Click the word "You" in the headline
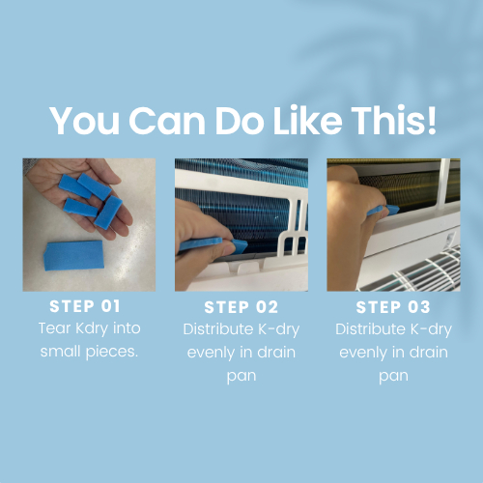coord(85,121)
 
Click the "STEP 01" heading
coord(85,306)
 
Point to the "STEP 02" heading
coord(241,307)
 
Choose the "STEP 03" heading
coord(393,307)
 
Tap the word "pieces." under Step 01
coord(112,352)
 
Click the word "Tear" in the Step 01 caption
coord(54,328)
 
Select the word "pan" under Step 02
coord(241,376)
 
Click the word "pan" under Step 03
coord(393,376)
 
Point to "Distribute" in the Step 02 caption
coord(218,329)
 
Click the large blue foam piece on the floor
coord(73,255)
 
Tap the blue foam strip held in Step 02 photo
coord(213,244)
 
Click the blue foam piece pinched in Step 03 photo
coord(384,210)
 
